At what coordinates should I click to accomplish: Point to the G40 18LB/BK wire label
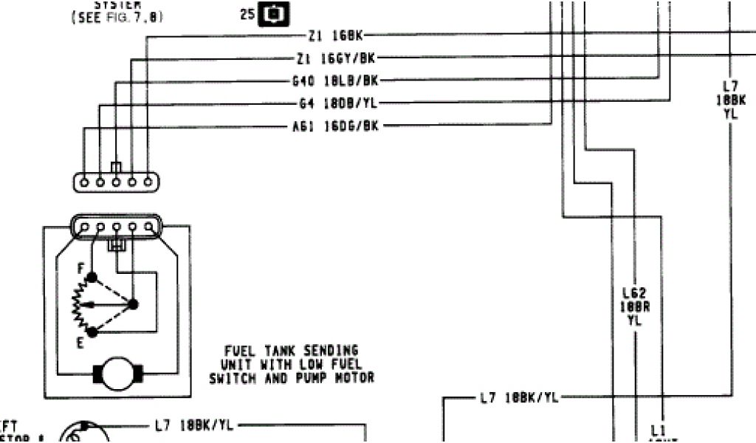coord(335,80)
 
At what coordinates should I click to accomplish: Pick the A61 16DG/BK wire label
coord(336,126)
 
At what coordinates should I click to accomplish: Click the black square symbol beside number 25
coord(273,14)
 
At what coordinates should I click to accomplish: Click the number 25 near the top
coord(247,14)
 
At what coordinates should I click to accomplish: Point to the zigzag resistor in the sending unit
coord(76,303)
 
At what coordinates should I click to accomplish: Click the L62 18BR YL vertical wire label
coord(634,306)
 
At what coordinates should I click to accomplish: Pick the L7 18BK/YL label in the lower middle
coord(519,398)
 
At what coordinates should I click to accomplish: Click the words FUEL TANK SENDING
coord(292,351)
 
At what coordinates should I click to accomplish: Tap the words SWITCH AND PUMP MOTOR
coord(292,378)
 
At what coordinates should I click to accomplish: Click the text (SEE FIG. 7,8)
coord(117,17)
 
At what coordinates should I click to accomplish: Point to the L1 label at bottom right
coord(657,429)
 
